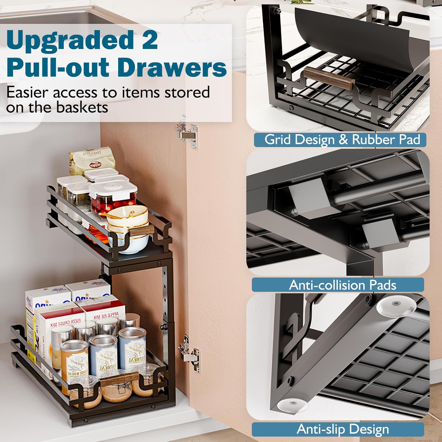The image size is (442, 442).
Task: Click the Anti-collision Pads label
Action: (x=342, y=285)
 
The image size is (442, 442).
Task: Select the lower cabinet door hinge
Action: (x=189, y=353)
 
